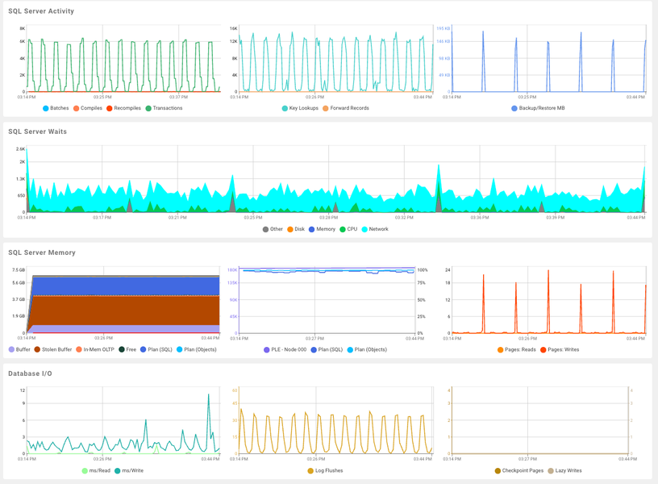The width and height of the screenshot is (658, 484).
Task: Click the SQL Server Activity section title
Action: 41,11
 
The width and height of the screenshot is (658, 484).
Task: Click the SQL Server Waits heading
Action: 37,131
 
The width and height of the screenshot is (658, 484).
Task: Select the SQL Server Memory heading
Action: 42,252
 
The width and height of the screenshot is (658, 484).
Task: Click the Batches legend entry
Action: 56,108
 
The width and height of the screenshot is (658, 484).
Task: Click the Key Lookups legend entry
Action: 300,108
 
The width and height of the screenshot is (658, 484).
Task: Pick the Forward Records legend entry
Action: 346,108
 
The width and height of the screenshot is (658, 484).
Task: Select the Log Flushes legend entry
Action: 327,471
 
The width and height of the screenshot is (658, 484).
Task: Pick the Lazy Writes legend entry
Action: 569,471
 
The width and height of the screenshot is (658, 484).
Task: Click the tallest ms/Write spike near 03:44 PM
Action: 209,394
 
